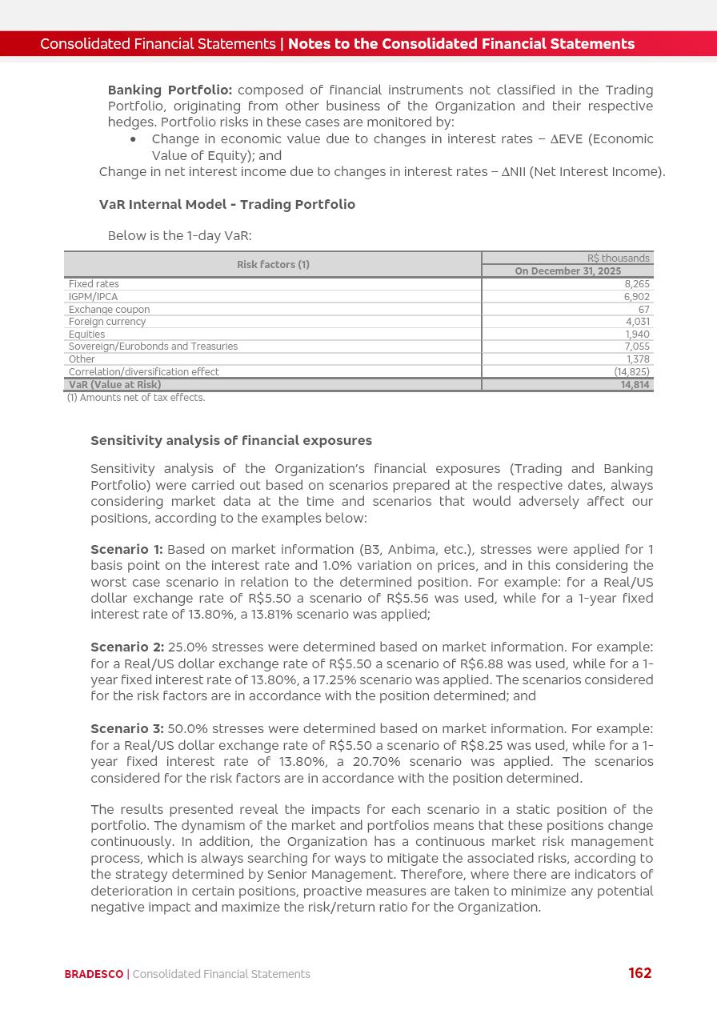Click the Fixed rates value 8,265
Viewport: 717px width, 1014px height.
point(637,284)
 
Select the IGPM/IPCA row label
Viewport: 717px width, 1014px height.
point(93,297)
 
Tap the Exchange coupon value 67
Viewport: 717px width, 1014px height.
point(643,310)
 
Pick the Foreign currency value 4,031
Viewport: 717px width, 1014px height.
point(638,322)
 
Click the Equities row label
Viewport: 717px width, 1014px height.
point(86,335)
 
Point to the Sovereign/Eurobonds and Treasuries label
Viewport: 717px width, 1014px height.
point(153,347)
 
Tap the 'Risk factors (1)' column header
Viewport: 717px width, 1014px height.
point(273,265)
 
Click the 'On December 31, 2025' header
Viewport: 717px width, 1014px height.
point(567,271)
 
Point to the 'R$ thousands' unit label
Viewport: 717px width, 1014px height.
point(618,259)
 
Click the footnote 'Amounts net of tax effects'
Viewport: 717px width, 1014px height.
point(136,398)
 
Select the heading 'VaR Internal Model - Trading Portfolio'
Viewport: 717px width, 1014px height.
point(226,205)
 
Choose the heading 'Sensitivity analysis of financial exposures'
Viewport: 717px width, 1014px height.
point(231,441)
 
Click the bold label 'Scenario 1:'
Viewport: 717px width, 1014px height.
point(126,550)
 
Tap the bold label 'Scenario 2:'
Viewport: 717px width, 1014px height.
point(127,647)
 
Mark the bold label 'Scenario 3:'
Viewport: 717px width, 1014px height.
point(127,729)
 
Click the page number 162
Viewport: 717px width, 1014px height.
point(640,973)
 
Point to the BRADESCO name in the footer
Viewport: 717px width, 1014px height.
point(94,974)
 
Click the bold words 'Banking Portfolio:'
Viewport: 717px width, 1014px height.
point(170,90)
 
